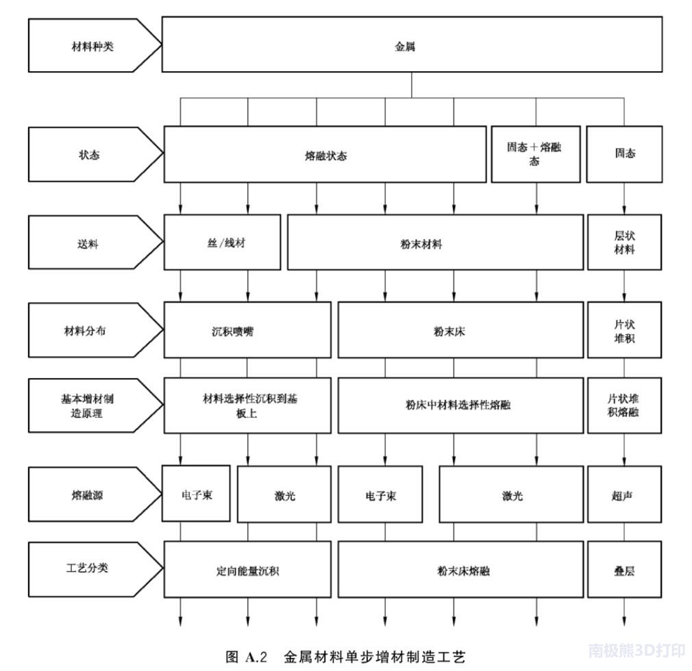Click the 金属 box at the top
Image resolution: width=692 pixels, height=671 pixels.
[412, 45]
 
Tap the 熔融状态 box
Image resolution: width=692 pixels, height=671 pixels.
[325, 155]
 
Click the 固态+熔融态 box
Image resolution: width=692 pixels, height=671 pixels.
[535, 155]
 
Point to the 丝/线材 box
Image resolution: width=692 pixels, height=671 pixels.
[222, 242]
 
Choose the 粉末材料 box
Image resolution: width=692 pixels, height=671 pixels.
[435, 242]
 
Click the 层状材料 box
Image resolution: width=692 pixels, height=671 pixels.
[624, 242]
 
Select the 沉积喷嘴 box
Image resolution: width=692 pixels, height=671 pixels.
[247, 330]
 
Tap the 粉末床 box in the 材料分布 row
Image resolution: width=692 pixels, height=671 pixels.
[460, 330]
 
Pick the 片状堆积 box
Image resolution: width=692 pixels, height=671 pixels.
[624, 330]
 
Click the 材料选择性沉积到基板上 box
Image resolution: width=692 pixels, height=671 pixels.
[247, 405]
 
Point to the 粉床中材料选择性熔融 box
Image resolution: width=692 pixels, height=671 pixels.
[460, 405]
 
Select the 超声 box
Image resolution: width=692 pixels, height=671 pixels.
[624, 494]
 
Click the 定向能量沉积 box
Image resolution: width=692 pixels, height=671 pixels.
[247, 570]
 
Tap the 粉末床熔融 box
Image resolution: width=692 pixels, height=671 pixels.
[460, 570]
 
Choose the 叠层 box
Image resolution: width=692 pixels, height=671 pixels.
[624, 570]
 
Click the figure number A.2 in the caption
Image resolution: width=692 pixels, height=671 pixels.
[256, 657]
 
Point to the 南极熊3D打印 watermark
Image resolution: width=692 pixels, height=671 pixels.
[637, 650]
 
